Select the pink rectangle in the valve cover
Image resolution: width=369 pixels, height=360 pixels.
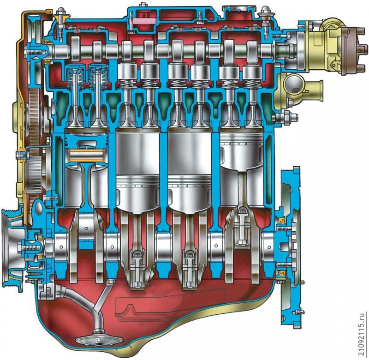(144, 21)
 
